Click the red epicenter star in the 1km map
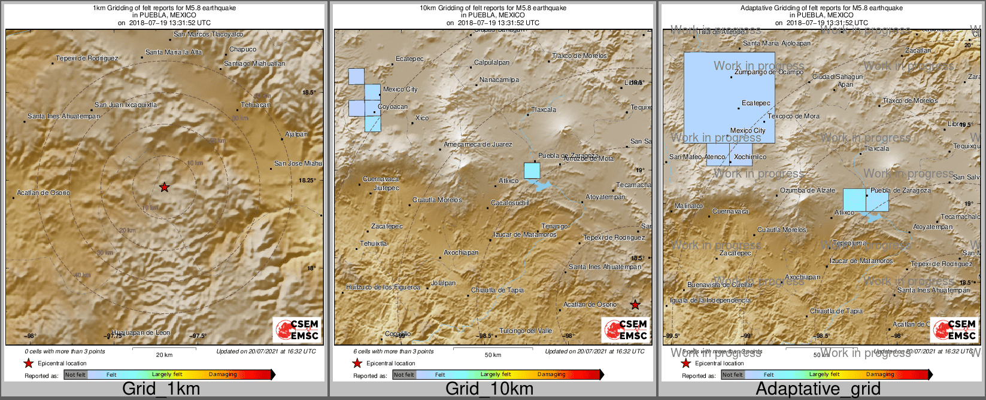(x=164, y=187)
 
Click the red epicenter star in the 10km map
(x=635, y=305)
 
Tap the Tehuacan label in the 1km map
(x=255, y=105)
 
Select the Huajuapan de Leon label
(x=141, y=332)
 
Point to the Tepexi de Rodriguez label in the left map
(x=87, y=59)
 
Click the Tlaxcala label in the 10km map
(x=544, y=110)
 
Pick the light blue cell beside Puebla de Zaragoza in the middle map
(x=532, y=170)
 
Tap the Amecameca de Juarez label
(x=478, y=145)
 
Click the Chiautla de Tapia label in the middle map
(x=497, y=291)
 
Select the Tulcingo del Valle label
(x=526, y=331)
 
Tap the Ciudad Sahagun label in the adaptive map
(x=838, y=77)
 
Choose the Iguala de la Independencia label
(x=709, y=301)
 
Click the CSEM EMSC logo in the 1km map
(x=297, y=329)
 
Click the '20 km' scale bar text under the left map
(x=164, y=355)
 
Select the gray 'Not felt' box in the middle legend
(x=403, y=375)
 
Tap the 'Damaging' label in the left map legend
(x=223, y=375)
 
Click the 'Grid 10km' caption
(x=489, y=389)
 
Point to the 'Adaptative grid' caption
(x=818, y=389)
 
